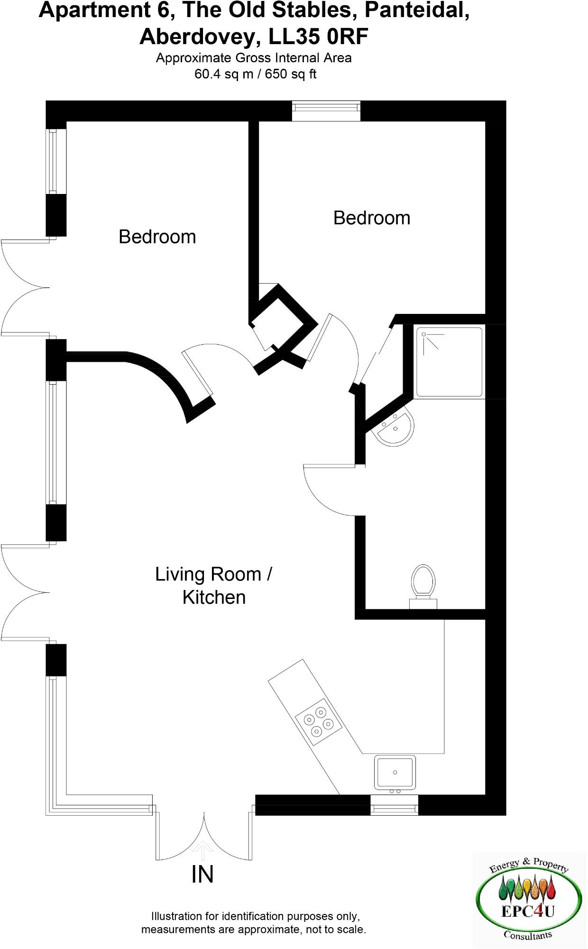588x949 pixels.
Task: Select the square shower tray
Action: pos(449,361)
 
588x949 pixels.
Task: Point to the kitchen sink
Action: pos(395,772)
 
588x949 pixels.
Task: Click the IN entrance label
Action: pos(202,875)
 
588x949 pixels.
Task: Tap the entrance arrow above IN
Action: pos(202,850)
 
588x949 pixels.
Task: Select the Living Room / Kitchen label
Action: pos(213,586)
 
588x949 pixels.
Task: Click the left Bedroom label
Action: pos(157,237)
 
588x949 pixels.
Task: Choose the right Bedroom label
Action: pos(372,218)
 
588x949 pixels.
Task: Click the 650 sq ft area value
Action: pos(290,74)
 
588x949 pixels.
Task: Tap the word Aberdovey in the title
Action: pos(199,37)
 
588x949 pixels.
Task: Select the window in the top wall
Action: pos(326,111)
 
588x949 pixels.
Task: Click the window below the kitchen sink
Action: pos(394,805)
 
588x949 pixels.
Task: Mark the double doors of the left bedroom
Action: pos(26,288)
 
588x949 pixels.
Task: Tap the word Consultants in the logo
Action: pos(528,935)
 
